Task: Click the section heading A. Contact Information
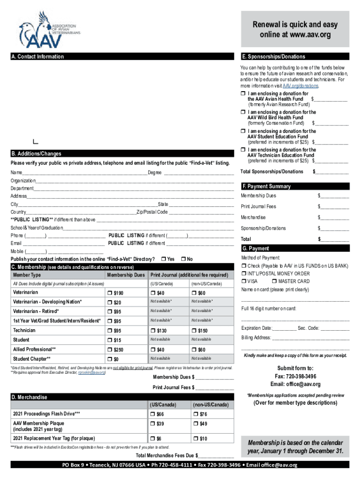37,57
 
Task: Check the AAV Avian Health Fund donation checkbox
243,94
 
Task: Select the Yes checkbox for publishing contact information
163,259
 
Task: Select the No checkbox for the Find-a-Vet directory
183,259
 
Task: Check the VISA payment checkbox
244,281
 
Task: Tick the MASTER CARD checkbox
274,281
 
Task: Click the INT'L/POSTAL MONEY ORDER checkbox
244,273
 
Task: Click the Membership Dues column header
126,275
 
